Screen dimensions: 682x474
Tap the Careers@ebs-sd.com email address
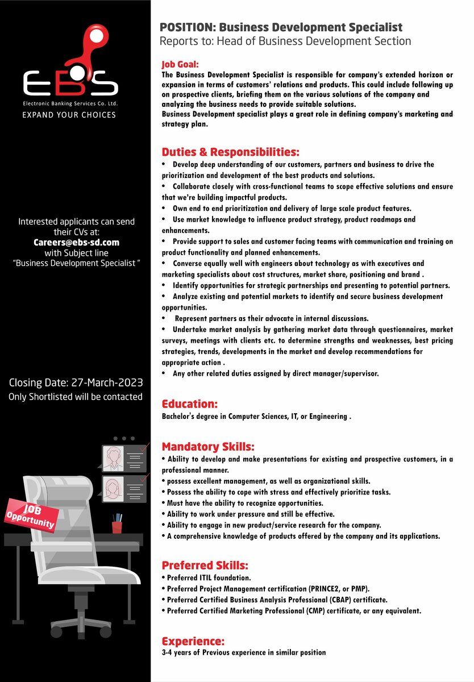pos(76,242)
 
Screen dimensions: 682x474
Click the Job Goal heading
pos(180,65)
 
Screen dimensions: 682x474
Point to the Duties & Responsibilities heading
pos(230,152)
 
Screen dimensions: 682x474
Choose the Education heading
pos(190,404)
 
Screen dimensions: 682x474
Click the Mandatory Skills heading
pos(208,447)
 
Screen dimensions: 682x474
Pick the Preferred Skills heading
pos(205,565)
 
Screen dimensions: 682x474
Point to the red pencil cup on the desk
pos(117,526)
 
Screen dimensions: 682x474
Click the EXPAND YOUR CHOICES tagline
pos(69,115)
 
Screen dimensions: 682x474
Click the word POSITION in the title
pos(187,27)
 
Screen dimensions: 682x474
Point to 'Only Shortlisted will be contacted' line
pos(76,397)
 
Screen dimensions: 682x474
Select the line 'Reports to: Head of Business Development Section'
pos(285,41)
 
